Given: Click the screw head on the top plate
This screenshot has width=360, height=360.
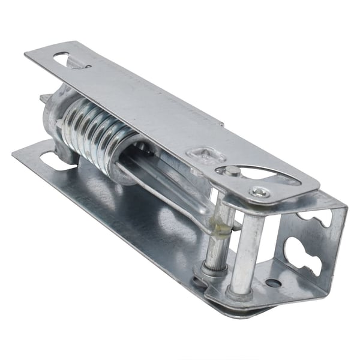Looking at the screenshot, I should tap(260, 193).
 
